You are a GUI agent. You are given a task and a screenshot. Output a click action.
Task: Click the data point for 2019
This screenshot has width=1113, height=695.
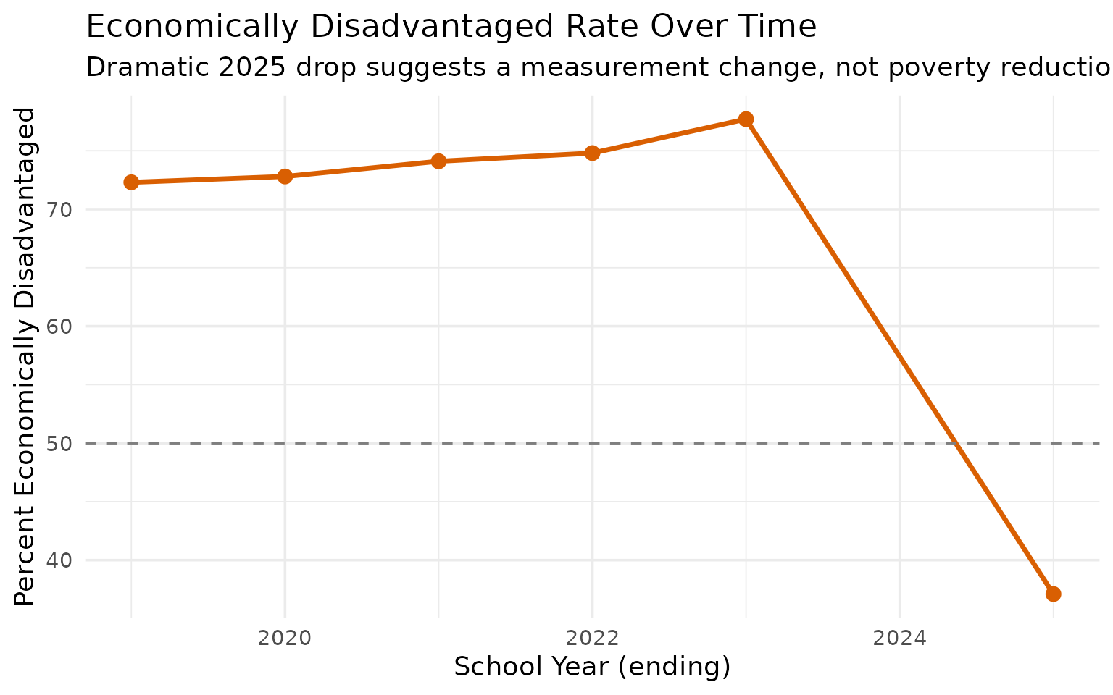(x=131, y=182)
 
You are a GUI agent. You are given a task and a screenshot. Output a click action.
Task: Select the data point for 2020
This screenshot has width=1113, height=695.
(x=285, y=177)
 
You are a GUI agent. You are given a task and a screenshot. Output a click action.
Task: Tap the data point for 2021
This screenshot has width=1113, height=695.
(x=438, y=161)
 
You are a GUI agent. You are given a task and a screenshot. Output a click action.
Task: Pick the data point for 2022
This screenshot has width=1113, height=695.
(x=592, y=153)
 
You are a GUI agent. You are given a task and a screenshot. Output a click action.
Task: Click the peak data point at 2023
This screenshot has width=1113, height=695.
(x=746, y=119)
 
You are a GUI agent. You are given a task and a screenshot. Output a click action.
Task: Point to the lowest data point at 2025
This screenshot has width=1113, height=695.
(x=1054, y=594)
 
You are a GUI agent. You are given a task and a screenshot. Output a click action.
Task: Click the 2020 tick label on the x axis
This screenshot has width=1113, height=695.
(x=285, y=638)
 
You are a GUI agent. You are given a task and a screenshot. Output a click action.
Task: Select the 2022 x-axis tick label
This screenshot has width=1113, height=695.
(x=592, y=638)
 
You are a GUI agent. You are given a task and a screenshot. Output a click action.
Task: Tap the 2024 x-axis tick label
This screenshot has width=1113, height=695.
(x=899, y=638)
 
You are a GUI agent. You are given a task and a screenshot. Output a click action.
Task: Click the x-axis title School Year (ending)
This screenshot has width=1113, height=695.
(x=592, y=667)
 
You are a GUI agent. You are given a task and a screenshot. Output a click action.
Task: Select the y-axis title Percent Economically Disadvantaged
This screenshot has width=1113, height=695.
(x=25, y=356)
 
